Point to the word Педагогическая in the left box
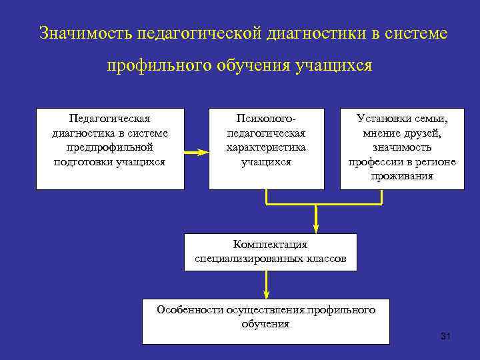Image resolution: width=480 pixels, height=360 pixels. (110, 119)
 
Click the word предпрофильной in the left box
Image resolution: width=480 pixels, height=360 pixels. (110, 147)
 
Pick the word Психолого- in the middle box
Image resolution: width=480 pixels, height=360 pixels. (266, 119)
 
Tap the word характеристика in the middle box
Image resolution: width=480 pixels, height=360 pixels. (266, 147)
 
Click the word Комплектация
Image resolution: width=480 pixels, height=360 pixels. (270, 244)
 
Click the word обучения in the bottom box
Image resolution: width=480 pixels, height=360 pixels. (266, 324)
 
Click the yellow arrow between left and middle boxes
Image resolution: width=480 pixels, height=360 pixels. (196, 153)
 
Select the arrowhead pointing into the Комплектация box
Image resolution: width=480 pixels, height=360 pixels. (317, 227)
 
